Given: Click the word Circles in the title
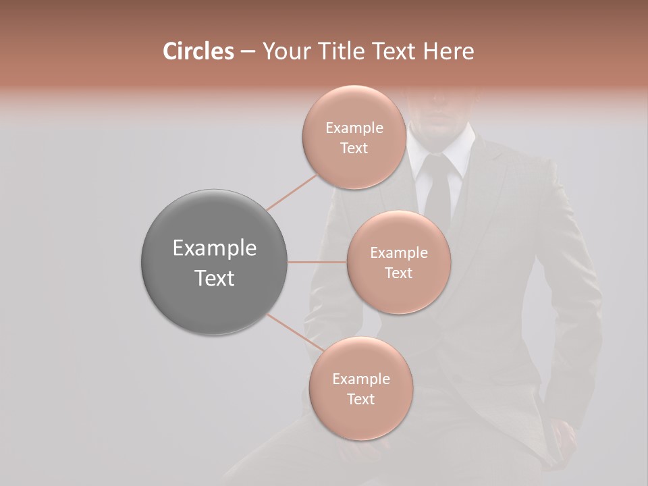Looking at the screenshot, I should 198,51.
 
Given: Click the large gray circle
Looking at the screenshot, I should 215,262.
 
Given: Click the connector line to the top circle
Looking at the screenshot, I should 292,192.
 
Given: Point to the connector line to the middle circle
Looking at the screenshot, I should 317,262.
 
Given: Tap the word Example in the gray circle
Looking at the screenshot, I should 215,248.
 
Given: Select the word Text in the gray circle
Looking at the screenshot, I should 215,278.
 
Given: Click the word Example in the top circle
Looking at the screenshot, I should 354,128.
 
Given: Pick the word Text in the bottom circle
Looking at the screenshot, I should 360,399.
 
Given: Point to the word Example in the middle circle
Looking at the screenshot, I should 399,253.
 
